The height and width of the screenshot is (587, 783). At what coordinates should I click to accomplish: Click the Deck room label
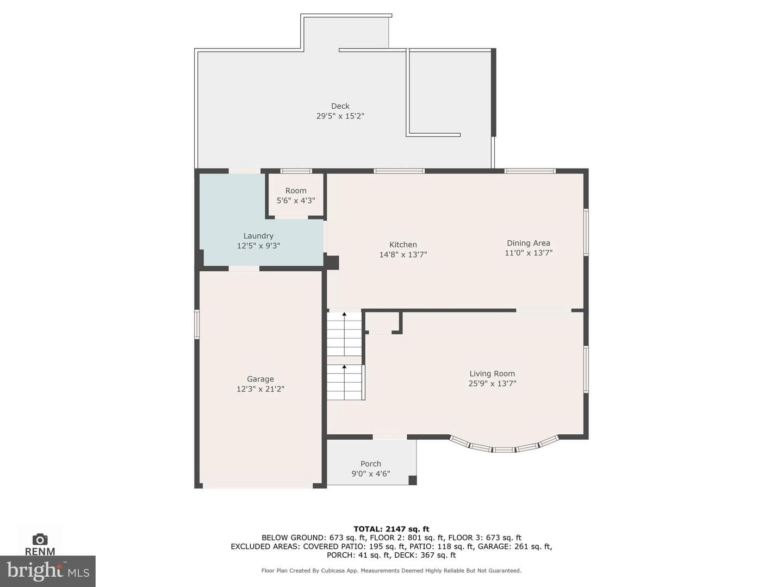340,106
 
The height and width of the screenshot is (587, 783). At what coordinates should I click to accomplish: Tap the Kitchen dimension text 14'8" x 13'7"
403,254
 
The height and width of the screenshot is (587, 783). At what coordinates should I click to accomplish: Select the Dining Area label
529,243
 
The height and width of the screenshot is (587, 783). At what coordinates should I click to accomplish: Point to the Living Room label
492,373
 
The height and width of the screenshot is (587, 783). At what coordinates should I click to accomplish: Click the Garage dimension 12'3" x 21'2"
260,389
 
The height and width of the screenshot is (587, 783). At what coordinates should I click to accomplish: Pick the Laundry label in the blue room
258,236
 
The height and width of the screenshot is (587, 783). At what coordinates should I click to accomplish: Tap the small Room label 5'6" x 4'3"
296,196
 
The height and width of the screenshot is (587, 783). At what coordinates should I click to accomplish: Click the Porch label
371,464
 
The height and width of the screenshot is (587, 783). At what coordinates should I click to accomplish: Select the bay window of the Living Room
504,447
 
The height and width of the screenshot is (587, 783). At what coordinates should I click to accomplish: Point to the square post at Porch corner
412,480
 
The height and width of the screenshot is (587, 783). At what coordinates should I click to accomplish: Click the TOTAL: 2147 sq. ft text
391,529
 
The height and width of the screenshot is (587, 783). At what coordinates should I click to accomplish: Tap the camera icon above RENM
40,539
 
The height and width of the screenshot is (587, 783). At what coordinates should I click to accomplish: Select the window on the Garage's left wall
196,324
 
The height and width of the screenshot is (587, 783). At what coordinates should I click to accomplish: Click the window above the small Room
296,171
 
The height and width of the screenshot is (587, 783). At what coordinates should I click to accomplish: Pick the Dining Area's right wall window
586,232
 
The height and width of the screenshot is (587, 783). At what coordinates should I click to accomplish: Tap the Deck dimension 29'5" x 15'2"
340,116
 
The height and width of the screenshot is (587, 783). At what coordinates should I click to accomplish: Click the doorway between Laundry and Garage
244,268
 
